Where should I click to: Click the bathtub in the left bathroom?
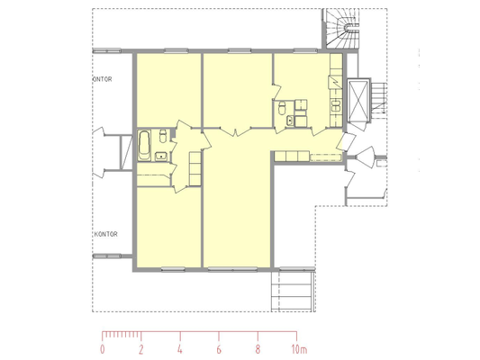144,145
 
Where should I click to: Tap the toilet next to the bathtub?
163,136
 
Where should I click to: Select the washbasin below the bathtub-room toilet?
160,157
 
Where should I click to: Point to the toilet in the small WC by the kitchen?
282,108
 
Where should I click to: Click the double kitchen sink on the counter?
336,105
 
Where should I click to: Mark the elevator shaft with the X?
358,100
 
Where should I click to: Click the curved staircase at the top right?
342,28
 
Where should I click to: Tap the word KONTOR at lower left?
105,234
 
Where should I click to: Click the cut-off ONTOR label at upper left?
103,79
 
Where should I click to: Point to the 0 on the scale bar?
103,349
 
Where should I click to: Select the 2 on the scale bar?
140,349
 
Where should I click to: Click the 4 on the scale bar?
180,349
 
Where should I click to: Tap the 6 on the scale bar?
219,349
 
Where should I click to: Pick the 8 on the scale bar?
258,349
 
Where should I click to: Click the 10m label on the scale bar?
299,349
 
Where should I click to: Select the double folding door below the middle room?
235,131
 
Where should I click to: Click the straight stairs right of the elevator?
378,98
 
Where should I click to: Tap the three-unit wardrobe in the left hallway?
195,168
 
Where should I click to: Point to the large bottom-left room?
168,227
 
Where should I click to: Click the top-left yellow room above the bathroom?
168,90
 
